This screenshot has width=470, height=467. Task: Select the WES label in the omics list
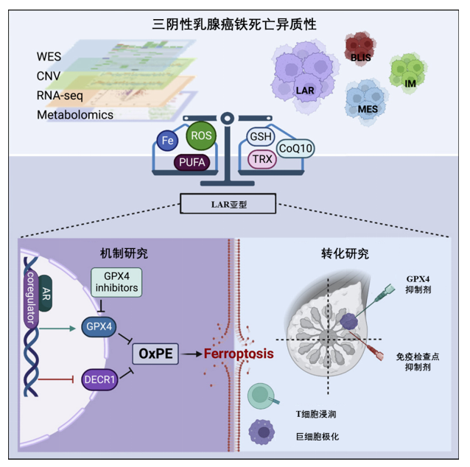tap(49, 57)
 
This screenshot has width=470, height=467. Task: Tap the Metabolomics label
tap(74, 115)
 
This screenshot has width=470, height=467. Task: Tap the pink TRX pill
tap(260, 158)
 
